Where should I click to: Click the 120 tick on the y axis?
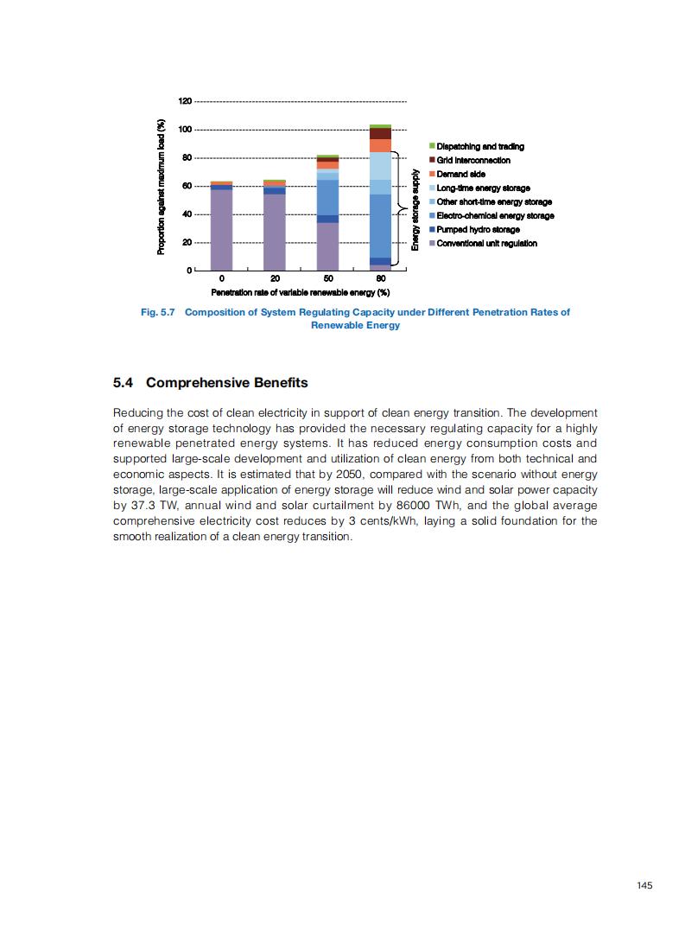pyautogui.click(x=185, y=101)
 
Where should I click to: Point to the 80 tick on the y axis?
pyautogui.click(x=187, y=157)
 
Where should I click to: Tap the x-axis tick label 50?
pyautogui.click(x=328, y=278)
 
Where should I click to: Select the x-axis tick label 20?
pyautogui.click(x=275, y=278)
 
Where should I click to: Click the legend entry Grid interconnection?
pyautogui.click(x=473, y=160)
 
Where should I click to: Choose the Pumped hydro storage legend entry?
pyautogui.click(x=478, y=229)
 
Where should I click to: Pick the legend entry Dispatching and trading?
pyautogui.click(x=480, y=146)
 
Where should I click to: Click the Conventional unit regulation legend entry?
pyautogui.click(x=486, y=243)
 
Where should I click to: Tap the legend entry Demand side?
pyautogui.click(x=460, y=174)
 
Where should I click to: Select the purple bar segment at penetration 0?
pyautogui.click(x=221, y=230)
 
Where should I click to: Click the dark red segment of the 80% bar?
pyautogui.click(x=381, y=134)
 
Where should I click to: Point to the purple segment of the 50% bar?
pyautogui.click(x=327, y=247)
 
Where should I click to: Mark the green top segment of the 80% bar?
pyautogui.click(x=381, y=126)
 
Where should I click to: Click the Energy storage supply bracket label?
pyautogui.click(x=415, y=210)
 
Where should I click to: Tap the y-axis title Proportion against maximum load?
pyautogui.click(x=161, y=187)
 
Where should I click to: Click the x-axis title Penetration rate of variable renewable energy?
pyautogui.click(x=301, y=292)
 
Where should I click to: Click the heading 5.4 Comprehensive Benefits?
pyautogui.click(x=210, y=382)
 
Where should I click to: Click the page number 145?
pyautogui.click(x=644, y=884)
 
